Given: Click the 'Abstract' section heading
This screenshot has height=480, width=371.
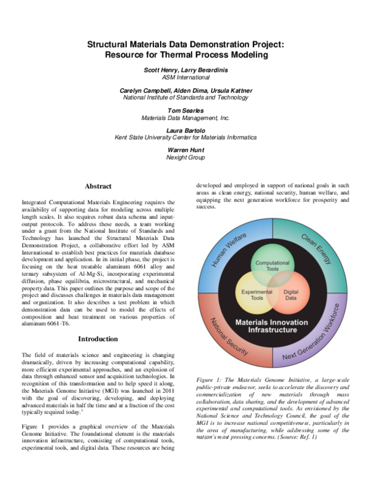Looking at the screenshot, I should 98,186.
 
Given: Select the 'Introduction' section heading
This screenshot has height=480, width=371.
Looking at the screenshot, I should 98,339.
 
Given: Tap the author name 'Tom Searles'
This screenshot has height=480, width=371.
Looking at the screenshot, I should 185,111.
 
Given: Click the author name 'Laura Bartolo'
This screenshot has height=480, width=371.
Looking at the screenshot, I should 185,130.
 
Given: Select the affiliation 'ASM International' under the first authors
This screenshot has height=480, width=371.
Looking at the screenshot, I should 185,77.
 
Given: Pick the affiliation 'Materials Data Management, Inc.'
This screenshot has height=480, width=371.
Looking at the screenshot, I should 185,118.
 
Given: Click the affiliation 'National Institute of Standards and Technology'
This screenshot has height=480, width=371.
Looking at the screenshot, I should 185,98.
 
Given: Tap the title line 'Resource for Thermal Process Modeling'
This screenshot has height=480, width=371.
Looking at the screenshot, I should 185,55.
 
